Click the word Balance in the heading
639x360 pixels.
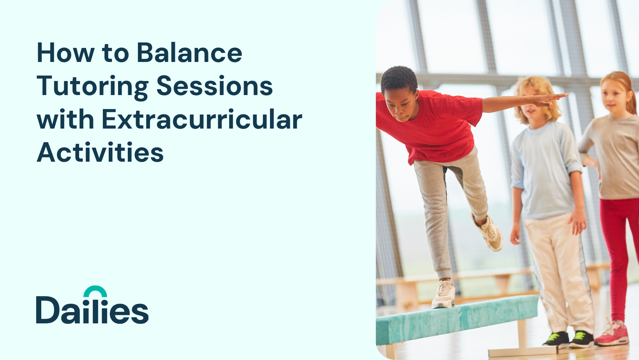point(189,53)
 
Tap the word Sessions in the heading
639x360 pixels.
point(215,86)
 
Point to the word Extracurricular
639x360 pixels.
point(202,119)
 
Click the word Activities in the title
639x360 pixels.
point(100,152)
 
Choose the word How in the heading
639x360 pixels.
point(65,53)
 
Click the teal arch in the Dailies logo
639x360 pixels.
point(95,291)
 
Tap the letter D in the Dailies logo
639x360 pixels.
point(48,310)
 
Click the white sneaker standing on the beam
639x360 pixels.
point(443,295)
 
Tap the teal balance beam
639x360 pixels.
point(456,319)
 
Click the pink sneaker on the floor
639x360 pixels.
point(612,334)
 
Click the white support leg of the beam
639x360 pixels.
point(522,339)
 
